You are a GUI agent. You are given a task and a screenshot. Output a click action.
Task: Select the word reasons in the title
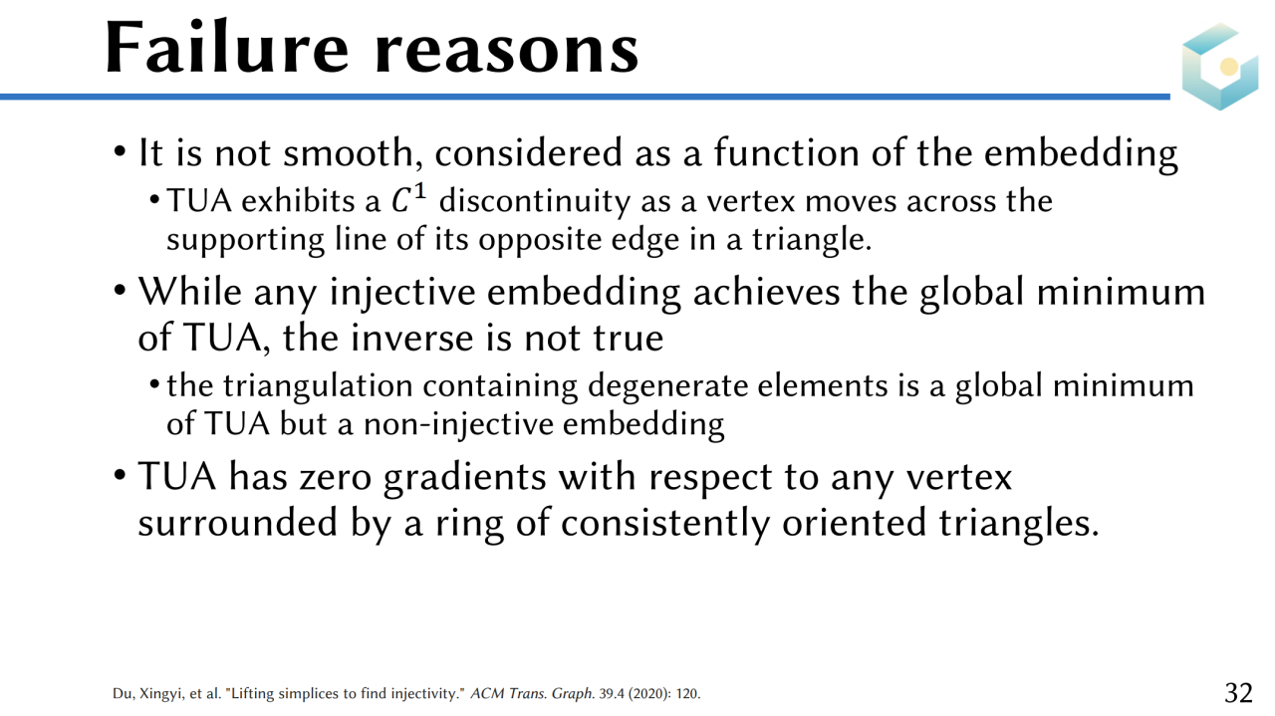507,54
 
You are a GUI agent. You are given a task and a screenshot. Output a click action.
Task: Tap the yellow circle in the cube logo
1229,67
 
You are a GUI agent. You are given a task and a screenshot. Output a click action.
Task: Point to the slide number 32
1238,693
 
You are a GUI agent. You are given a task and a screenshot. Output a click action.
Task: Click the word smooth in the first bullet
349,152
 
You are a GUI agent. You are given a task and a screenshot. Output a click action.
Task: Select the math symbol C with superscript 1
408,199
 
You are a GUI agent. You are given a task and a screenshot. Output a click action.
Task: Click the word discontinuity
535,202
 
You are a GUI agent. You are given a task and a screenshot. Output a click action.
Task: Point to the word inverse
411,338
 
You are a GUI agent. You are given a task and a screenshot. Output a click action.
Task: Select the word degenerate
666,387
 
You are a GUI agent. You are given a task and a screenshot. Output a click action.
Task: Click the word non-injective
457,425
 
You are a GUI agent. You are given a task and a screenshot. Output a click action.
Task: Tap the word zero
336,476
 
